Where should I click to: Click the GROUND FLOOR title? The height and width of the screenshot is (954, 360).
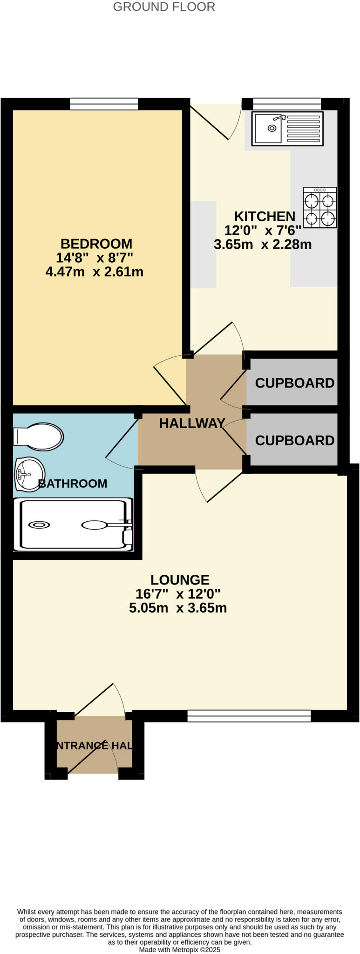164,7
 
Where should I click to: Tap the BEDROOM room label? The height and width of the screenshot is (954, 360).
96,244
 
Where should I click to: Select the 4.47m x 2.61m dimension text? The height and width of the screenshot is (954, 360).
94,272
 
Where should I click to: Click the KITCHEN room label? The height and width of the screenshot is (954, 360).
264,216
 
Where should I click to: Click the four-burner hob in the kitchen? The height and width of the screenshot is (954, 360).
320,207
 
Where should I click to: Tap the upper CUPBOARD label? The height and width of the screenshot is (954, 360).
294,383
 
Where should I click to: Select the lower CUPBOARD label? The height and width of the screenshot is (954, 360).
294,440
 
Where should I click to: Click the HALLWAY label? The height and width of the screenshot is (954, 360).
192,423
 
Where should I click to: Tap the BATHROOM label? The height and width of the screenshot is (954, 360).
73,484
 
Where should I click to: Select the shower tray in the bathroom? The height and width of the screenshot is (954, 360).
74,525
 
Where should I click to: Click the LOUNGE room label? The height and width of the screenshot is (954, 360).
180,580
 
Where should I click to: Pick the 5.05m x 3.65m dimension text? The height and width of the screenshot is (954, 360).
178,608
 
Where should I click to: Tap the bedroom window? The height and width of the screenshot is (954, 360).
104,104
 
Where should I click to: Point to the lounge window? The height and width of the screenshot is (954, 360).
249,715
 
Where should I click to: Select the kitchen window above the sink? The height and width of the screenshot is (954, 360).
287,104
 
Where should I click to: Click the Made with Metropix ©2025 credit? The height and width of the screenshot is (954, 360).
179,949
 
